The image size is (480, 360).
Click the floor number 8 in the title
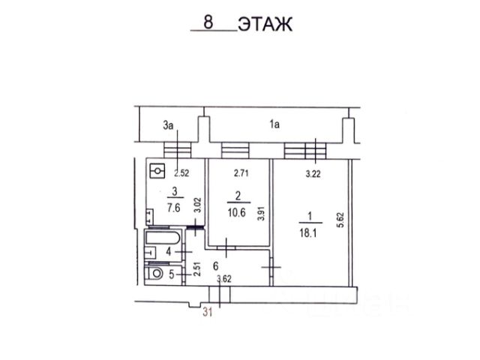(208, 22)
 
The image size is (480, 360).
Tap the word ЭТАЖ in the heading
(265, 24)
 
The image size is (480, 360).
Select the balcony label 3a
(168, 125)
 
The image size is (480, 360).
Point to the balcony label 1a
(274, 124)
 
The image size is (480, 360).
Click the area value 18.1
(308, 233)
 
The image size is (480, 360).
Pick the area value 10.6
(237, 212)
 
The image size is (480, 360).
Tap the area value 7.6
(173, 208)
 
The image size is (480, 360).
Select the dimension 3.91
(261, 214)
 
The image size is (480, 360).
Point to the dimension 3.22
(313, 174)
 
